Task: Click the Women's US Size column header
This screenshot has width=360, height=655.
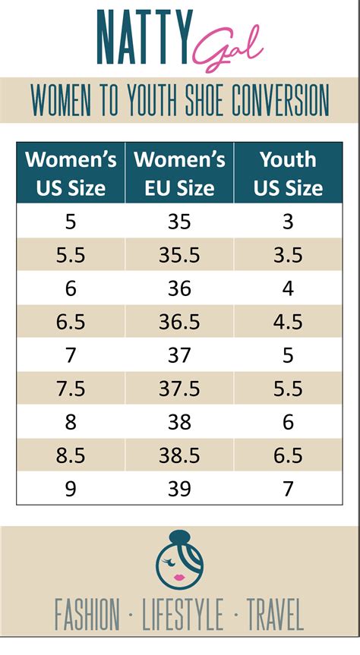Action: [71, 173]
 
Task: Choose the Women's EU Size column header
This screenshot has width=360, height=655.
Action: [179, 173]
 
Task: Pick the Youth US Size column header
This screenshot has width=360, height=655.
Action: [288, 173]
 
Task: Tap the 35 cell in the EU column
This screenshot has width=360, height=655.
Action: [179, 222]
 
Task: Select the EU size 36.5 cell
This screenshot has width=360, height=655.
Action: [179, 322]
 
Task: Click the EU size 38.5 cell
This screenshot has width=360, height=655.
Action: [179, 455]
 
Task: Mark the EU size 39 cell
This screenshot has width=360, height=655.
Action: [179, 489]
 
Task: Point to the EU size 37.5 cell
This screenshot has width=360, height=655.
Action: [179, 389]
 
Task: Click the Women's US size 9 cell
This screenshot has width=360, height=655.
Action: [71, 489]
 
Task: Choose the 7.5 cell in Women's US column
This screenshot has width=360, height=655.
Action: [71, 389]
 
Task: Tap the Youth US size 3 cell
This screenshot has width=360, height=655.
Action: [288, 222]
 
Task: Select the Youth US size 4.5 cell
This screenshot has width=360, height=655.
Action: [288, 322]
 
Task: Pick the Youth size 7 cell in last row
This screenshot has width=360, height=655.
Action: [288, 489]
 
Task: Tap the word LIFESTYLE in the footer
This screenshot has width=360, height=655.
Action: [183, 614]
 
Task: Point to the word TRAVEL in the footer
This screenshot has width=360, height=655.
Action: [273, 614]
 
